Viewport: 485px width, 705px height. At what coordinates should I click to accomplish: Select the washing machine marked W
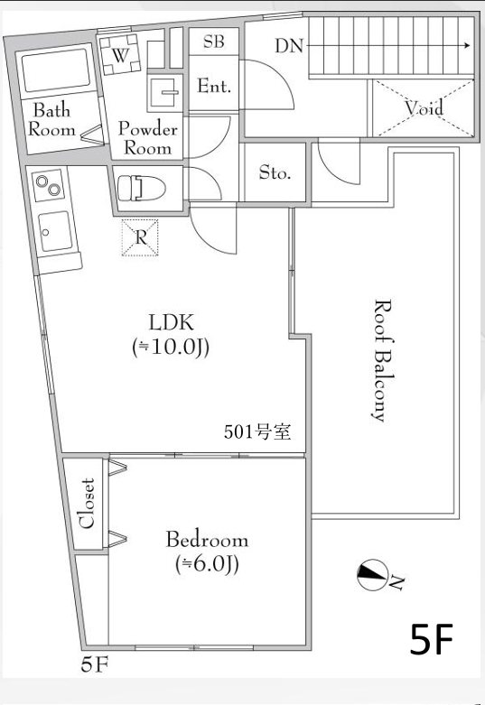coord(119,54)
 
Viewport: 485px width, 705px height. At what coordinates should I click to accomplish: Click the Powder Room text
coord(147,138)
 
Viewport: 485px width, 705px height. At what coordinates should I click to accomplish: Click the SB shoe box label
coord(214,42)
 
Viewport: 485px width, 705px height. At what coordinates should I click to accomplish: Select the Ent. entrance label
coord(214,87)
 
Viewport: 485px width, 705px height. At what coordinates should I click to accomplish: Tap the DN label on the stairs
coord(289,45)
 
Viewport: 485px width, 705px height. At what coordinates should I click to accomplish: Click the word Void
coord(424,109)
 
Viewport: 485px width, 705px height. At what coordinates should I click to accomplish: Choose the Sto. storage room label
coord(275,172)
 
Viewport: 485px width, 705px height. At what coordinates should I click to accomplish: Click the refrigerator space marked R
coord(141,237)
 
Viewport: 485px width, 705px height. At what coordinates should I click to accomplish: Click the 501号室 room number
coord(256,431)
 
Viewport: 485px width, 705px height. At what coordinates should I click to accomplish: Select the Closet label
coord(88,504)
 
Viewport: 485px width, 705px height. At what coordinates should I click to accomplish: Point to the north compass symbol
coord(371,572)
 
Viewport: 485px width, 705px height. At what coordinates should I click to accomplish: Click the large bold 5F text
coord(431,639)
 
